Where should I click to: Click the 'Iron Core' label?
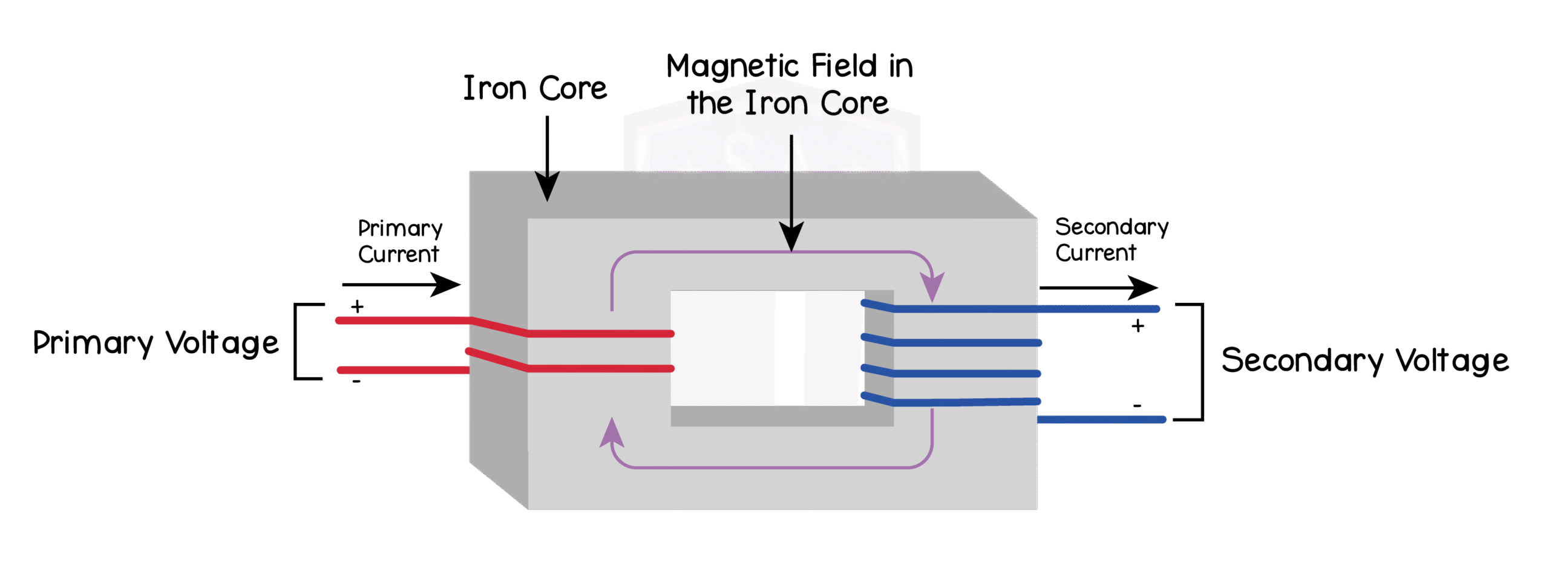pyautogui.click(x=535, y=89)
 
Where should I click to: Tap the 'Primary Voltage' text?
pyautogui.click(x=156, y=343)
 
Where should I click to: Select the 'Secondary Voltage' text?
pyautogui.click(x=1364, y=360)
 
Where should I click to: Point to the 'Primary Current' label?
pyautogui.click(x=399, y=241)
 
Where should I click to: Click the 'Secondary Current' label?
pyautogui.click(x=1111, y=239)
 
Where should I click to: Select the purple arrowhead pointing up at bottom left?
pyautogui.click(x=612, y=433)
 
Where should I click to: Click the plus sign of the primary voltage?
pyautogui.click(x=358, y=307)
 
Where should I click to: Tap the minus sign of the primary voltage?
pyautogui.click(x=356, y=382)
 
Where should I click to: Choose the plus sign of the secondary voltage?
pyautogui.click(x=1138, y=327)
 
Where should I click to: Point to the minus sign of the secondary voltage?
pyautogui.click(x=1138, y=406)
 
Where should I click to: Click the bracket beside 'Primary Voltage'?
pyautogui.click(x=296, y=342)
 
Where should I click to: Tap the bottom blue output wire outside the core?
pyautogui.click(x=1101, y=419)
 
